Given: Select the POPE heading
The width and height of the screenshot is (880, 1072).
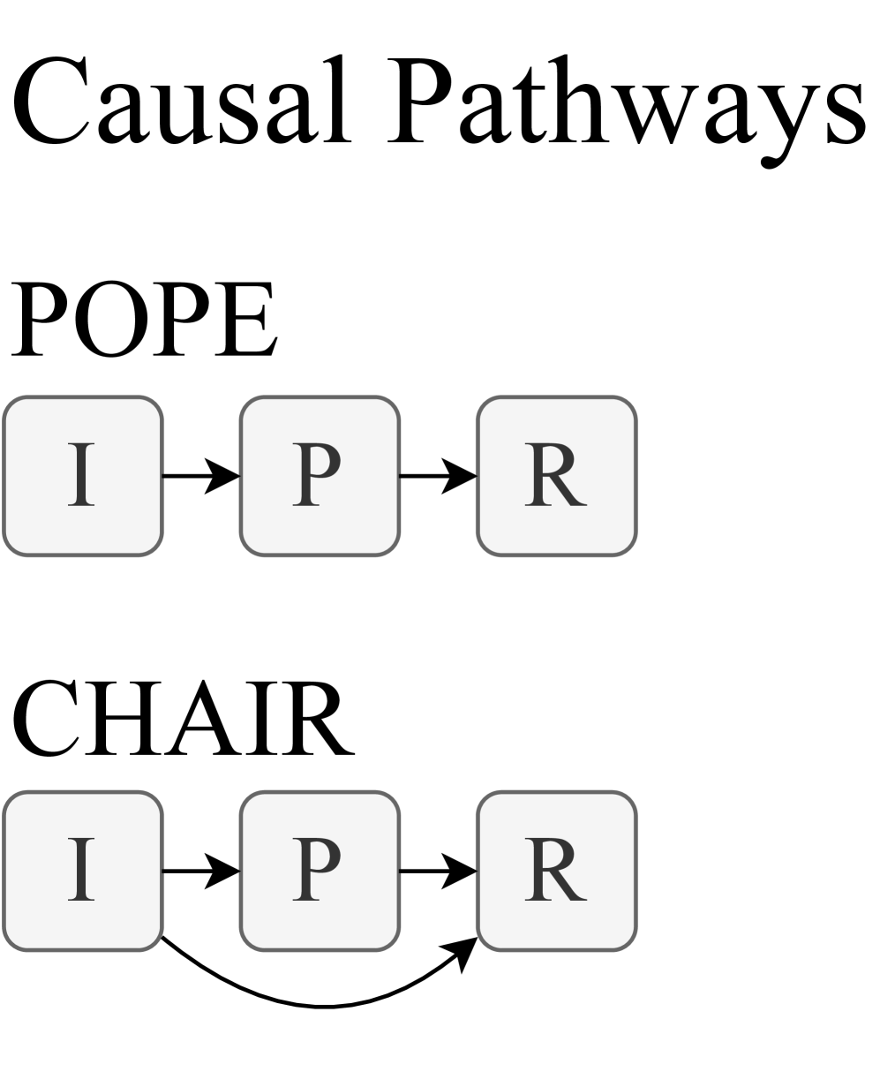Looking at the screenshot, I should pyautogui.click(x=142, y=319).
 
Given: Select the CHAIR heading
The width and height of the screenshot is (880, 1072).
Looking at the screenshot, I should pyautogui.click(x=181, y=717).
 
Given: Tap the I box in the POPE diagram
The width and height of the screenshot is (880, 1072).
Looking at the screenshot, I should pyautogui.click(x=83, y=476).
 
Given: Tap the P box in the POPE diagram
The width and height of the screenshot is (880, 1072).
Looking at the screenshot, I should pyautogui.click(x=320, y=476).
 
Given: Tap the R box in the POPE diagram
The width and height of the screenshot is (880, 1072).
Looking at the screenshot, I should pyautogui.click(x=557, y=476).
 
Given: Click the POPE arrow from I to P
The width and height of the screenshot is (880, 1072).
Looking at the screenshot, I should pyautogui.click(x=201, y=476).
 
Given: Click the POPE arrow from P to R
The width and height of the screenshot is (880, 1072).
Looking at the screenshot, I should pyautogui.click(x=439, y=476).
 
